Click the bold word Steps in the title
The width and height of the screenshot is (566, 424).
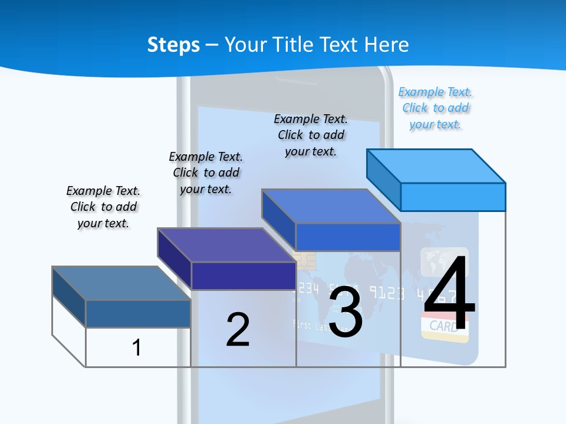173,45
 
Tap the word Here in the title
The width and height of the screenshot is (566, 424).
387,45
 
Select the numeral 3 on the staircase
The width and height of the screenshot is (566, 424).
345,312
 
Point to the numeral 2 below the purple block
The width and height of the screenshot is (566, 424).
238,330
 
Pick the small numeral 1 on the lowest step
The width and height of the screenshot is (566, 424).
136,347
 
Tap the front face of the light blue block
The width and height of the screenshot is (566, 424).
453,197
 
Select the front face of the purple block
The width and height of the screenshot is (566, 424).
243,276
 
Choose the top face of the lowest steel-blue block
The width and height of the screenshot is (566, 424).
121,283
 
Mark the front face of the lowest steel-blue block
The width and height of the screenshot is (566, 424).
138,313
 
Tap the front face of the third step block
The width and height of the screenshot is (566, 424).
348,237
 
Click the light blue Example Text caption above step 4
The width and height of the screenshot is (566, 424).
436,108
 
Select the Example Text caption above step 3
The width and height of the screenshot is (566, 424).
311,135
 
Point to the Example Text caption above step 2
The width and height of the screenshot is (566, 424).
206,173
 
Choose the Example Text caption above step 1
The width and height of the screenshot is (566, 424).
103,207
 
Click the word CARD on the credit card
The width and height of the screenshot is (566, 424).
444,326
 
